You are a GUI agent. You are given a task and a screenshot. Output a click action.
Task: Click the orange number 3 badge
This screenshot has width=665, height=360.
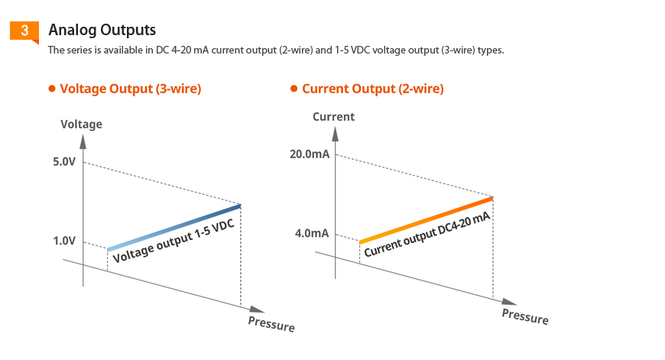24,31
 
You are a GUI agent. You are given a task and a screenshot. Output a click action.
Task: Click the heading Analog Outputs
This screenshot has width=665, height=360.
102,30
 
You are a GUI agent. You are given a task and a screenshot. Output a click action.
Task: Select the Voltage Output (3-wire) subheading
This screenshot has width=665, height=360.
130,89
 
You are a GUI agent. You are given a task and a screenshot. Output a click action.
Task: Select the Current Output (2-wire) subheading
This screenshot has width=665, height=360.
372,89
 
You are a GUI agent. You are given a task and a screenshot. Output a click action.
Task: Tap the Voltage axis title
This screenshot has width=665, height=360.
81,125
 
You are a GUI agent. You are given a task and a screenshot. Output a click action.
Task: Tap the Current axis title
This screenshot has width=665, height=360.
333,117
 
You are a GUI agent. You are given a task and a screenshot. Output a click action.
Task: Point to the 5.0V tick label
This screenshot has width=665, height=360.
64,162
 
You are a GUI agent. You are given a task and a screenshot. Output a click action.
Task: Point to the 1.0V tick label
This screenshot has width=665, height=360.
64,241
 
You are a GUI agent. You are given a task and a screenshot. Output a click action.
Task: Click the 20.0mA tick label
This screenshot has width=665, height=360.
310,154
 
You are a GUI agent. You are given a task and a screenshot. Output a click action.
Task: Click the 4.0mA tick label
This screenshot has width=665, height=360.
312,232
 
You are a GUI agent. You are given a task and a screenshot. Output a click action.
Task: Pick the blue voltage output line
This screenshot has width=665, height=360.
174,228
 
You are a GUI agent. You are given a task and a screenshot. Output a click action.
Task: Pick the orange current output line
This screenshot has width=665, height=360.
425,220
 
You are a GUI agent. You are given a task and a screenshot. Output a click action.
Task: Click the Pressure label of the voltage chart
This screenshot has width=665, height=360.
271,324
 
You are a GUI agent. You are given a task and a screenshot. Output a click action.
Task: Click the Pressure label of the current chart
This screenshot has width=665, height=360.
524,316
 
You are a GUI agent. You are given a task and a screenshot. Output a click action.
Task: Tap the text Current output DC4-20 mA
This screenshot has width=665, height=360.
426,235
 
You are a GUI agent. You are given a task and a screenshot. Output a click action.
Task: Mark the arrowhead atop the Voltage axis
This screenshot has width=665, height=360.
83,140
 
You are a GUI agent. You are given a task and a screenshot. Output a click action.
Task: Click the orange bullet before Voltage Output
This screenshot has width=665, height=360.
52,89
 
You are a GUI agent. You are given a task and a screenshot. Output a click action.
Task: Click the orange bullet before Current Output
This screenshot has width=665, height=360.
294,89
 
